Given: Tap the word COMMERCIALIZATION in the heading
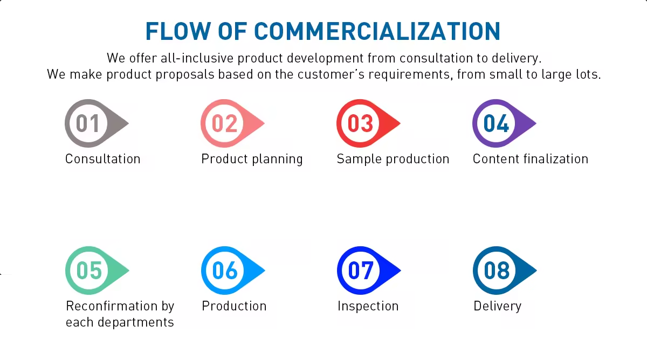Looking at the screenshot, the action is (377, 31).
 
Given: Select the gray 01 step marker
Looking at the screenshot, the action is (97, 123).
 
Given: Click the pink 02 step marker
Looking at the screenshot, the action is (232, 123).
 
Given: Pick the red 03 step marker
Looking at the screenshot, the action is (368, 123).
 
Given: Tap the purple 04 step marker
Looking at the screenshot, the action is (504, 123).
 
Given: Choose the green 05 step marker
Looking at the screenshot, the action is (98, 271).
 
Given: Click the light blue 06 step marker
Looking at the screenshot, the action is (233, 271).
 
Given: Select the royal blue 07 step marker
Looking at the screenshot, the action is (369, 271).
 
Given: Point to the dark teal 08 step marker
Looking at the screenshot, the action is (505, 271).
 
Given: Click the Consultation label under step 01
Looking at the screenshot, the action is (103, 159).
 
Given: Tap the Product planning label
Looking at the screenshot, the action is (252, 160).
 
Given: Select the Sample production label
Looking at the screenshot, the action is (393, 160).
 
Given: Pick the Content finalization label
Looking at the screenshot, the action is (531, 159).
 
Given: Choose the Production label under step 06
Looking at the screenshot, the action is (234, 306).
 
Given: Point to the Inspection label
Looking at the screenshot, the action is (368, 307).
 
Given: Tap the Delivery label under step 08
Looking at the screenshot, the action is (497, 307).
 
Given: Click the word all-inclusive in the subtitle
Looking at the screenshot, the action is (197, 58).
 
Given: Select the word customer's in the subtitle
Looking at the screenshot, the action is (331, 74).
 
